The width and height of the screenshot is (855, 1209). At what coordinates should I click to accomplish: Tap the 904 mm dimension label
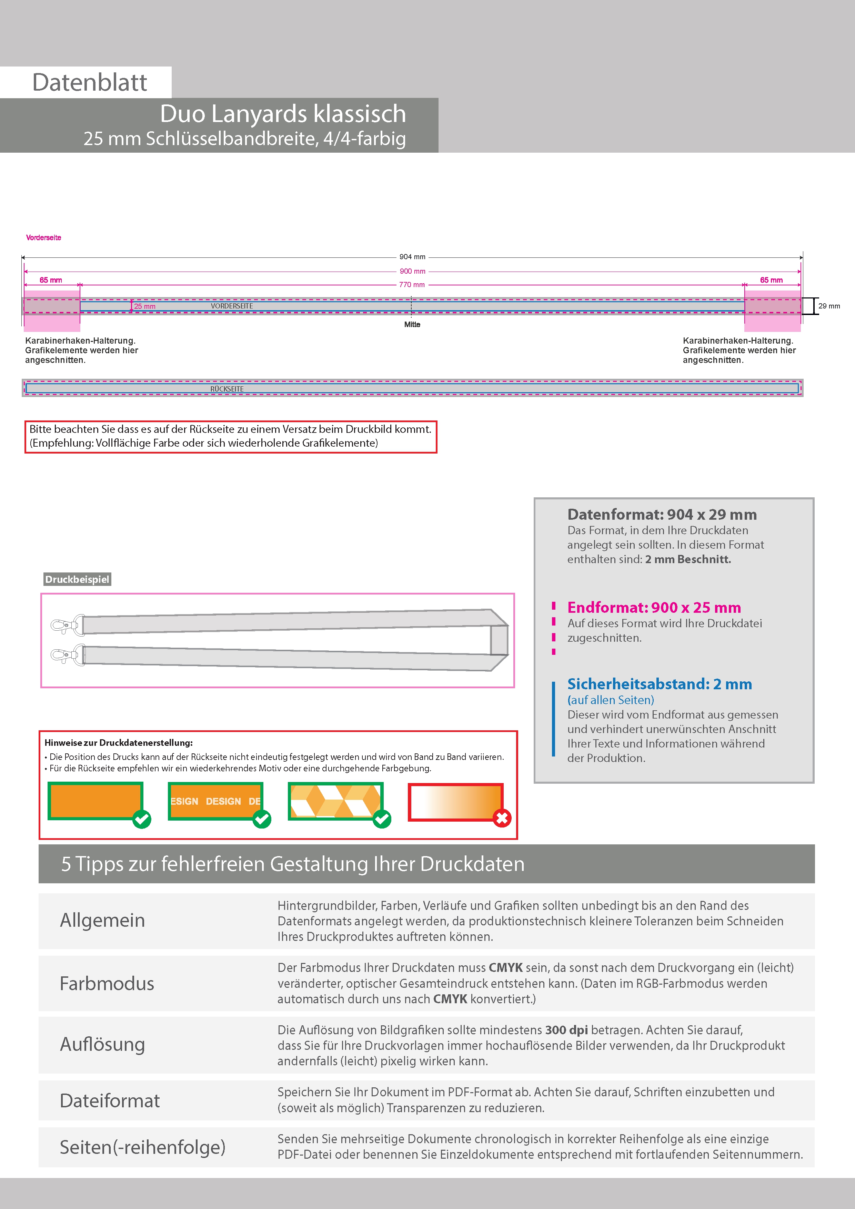[x=412, y=257]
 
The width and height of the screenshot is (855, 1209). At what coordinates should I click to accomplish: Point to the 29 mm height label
[x=829, y=306]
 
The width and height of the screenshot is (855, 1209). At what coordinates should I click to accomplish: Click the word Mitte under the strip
[x=412, y=324]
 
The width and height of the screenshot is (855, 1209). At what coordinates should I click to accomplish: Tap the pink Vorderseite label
[x=44, y=237]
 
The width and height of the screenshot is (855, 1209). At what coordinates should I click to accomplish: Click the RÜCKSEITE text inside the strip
[x=227, y=389]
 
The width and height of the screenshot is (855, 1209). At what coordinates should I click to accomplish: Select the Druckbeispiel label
[x=77, y=579]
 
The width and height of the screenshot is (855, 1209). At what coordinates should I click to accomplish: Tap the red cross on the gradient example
[x=502, y=818]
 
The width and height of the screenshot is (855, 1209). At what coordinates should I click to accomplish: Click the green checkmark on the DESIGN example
[x=262, y=819]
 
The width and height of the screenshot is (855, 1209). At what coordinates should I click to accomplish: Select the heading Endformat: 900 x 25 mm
[x=654, y=608]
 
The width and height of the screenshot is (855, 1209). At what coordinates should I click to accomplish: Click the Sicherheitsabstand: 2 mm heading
[x=660, y=684]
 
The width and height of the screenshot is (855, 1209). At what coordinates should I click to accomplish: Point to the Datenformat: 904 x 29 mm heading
[x=662, y=515]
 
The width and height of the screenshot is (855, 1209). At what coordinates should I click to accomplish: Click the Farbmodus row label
[x=107, y=984]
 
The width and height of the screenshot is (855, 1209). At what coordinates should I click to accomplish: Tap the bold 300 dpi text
[x=566, y=1030]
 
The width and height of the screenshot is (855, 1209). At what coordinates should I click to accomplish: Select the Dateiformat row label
[x=110, y=1100]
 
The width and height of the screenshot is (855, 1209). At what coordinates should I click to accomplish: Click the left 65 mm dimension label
[x=51, y=280]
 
